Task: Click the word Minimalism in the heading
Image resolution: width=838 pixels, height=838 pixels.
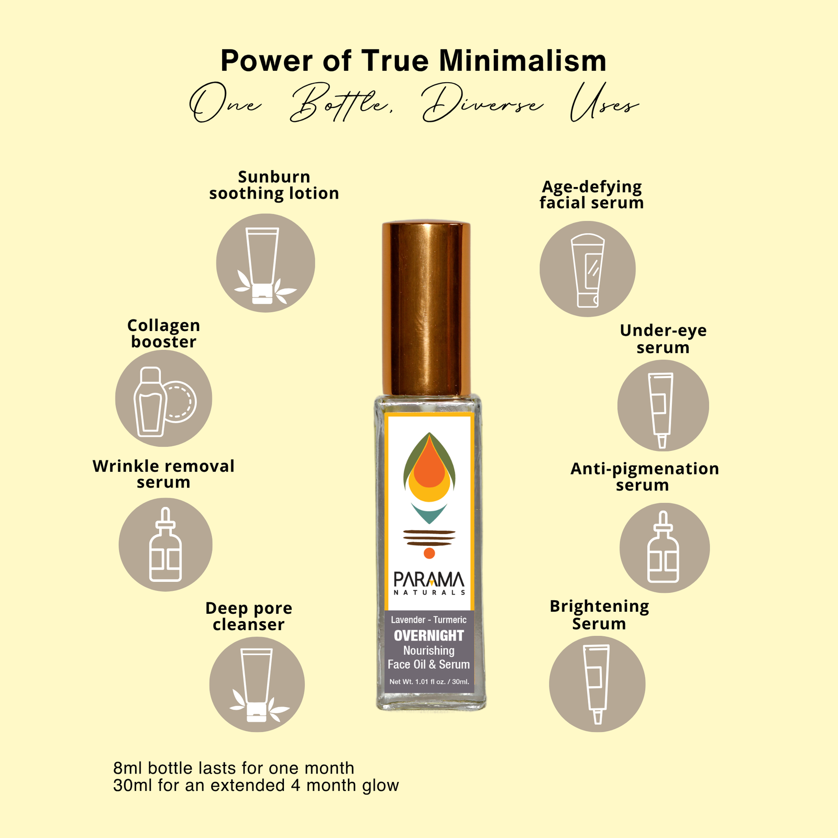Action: pyautogui.click(x=523, y=61)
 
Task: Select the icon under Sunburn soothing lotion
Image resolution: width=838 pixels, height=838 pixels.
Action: pyautogui.click(x=266, y=263)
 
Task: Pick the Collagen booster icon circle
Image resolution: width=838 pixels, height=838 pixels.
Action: pyautogui.click(x=164, y=398)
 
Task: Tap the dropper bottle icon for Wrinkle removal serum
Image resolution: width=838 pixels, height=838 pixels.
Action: pyautogui.click(x=166, y=545)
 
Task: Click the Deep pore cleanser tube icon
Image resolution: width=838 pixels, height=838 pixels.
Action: pyautogui.click(x=257, y=685)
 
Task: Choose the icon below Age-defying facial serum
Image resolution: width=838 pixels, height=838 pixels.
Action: pyautogui.click(x=588, y=269)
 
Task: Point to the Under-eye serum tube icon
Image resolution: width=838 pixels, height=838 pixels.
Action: pyautogui.click(x=663, y=405)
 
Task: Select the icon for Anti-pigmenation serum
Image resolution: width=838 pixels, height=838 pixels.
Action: pyautogui.click(x=665, y=548)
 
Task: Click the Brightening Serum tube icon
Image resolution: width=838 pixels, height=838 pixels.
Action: pyautogui.click(x=597, y=684)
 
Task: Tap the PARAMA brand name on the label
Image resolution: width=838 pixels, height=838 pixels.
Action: pyautogui.click(x=429, y=579)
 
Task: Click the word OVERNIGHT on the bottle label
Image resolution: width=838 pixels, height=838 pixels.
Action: pyautogui.click(x=429, y=635)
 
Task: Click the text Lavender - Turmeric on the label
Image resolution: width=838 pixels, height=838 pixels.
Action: pyautogui.click(x=429, y=620)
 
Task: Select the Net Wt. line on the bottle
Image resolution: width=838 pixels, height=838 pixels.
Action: pyautogui.click(x=429, y=681)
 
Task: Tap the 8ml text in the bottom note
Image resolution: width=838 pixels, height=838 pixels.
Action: pyautogui.click(x=128, y=768)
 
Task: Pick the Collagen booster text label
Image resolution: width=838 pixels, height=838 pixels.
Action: pyautogui.click(x=164, y=334)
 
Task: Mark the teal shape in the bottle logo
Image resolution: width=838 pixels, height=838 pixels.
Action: pyautogui.click(x=429, y=513)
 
